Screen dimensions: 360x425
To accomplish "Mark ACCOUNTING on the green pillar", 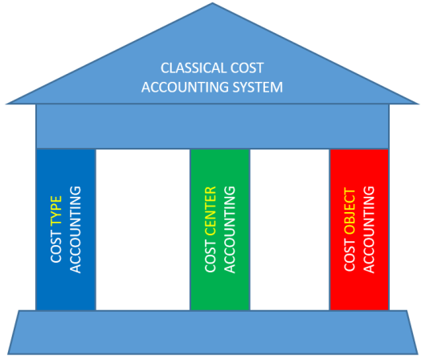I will [x=230, y=229].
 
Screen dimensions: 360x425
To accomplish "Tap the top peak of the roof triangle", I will [x=211, y=6].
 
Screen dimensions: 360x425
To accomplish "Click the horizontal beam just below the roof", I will [x=212, y=126].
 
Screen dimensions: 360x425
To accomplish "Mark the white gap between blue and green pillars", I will [x=143, y=229].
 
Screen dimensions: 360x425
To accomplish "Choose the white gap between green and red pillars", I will [x=289, y=229].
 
